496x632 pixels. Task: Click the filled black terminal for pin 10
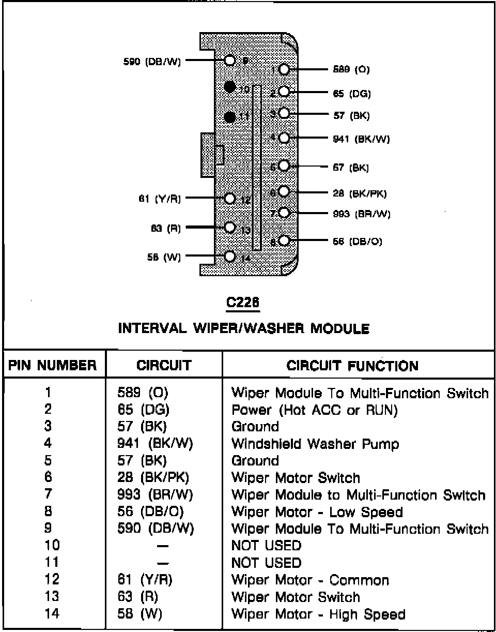tap(230, 87)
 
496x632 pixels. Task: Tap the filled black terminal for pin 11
tap(230, 116)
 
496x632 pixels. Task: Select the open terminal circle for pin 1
tap(284, 69)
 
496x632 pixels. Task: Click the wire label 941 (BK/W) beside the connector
tap(362, 139)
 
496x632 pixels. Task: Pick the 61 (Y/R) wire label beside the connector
tap(160, 199)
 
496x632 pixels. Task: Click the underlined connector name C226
tap(243, 304)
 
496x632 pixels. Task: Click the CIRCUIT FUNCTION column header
tap(352, 366)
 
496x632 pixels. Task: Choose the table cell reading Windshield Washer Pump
tap(315, 444)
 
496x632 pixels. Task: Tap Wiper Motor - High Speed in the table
tap(318, 614)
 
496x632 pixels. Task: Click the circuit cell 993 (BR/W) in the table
tap(155, 495)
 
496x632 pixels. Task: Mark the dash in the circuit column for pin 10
tap(163, 546)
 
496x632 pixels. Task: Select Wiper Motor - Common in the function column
tap(310, 580)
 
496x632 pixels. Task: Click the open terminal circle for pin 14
tap(230, 255)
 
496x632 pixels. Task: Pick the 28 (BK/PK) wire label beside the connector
tap(360, 193)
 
